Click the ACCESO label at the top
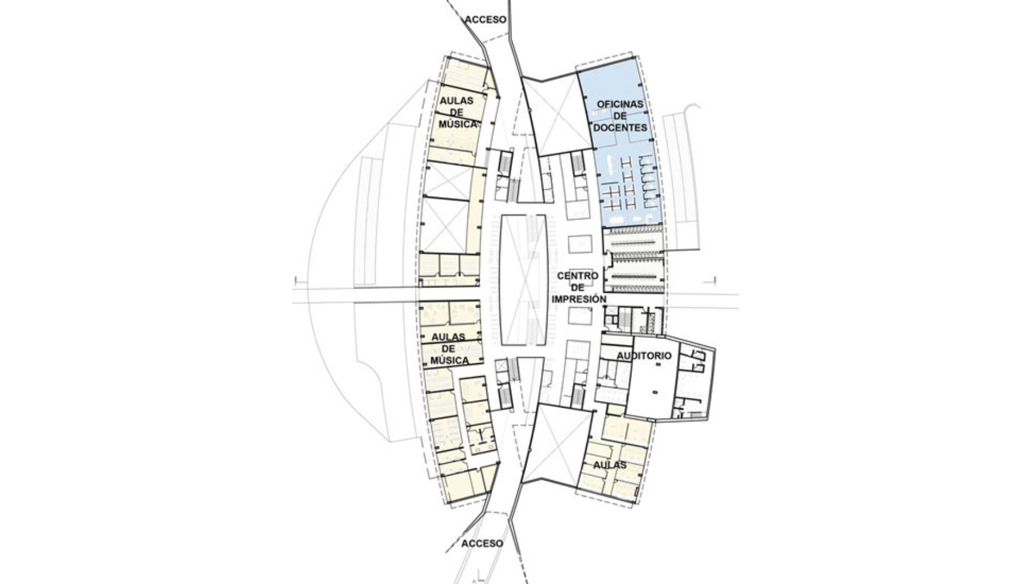pyautogui.click(x=485, y=20)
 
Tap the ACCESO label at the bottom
pyautogui.click(x=482, y=543)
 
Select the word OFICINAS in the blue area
pyautogui.click(x=620, y=104)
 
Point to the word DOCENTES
pyautogui.click(x=620, y=127)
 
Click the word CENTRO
pyautogui.click(x=577, y=276)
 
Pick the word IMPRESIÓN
pyautogui.click(x=579, y=300)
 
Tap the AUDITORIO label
pyautogui.click(x=644, y=355)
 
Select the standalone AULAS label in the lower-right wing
pyautogui.click(x=610, y=465)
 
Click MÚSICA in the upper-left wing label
pyautogui.click(x=458, y=124)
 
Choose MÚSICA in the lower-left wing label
pyautogui.click(x=449, y=361)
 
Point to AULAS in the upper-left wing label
pyautogui.click(x=456, y=100)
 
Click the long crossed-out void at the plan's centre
pyautogui.click(x=524, y=280)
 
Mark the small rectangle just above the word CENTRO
pyautogui.click(x=580, y=244)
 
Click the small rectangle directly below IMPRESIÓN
pyautogui.click(x=580, y=316)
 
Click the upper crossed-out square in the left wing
pyautogui.click(x=447, y=180)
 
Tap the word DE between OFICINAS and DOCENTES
pyautogui.click(x=620, y=116)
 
